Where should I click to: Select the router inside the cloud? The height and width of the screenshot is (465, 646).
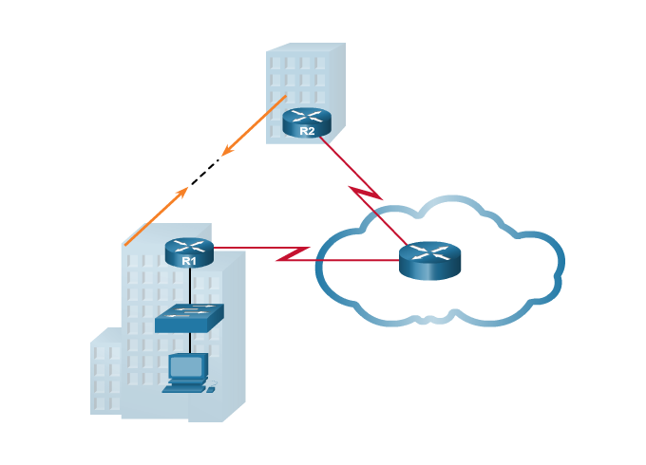429,259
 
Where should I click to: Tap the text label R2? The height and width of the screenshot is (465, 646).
307,131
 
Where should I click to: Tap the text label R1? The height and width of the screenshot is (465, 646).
189,260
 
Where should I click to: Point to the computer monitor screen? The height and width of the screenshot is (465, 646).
186,366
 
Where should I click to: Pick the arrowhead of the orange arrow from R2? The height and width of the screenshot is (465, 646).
225,153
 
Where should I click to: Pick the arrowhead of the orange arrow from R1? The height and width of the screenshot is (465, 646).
185,190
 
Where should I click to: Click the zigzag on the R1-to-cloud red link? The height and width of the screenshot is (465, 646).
294,254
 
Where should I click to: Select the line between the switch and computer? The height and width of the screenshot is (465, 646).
189,344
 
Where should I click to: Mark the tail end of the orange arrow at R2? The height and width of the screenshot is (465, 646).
285,97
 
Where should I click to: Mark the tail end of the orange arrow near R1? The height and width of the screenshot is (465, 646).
126,243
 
